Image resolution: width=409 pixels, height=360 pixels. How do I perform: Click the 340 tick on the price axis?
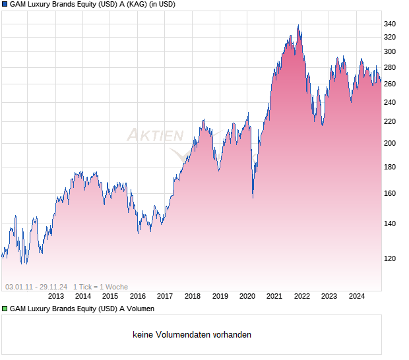click(x=389, y=24)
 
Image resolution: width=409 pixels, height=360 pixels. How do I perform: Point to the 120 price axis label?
click(x=389, y=258)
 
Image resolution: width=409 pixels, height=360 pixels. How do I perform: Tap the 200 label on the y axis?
click(x=389, y=143)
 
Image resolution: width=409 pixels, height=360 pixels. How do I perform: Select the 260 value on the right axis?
click(x=389, y=84)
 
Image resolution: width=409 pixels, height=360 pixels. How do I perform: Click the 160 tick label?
click(x=389, y=193)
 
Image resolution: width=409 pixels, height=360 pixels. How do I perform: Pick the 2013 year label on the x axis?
click(x=55, y=296)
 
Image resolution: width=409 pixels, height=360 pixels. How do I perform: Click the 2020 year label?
click(x=247, y=296)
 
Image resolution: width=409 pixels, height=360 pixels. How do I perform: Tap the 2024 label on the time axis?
click(x=356, y=296)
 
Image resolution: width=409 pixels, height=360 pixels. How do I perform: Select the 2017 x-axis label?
click(x=165, y=296)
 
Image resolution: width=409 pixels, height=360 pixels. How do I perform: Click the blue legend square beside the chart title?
click(x=5, y=5)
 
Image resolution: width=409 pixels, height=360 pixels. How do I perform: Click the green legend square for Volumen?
click(x=5, y=309)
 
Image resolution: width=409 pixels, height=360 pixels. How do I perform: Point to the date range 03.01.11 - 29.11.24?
click(x=36, y=287)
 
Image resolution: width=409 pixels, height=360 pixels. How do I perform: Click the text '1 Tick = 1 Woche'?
click(x=100, y=287)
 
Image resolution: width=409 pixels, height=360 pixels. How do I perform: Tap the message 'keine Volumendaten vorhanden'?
click(x=192, y=335)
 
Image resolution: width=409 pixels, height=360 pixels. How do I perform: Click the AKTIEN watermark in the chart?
click(x=155, y=136)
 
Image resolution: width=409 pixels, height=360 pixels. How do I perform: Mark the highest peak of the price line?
click(x=298, y=26)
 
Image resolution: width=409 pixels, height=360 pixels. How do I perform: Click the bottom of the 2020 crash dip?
click(x=253, y=197)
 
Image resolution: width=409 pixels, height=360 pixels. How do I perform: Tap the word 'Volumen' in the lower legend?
click(x=139, y=309)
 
